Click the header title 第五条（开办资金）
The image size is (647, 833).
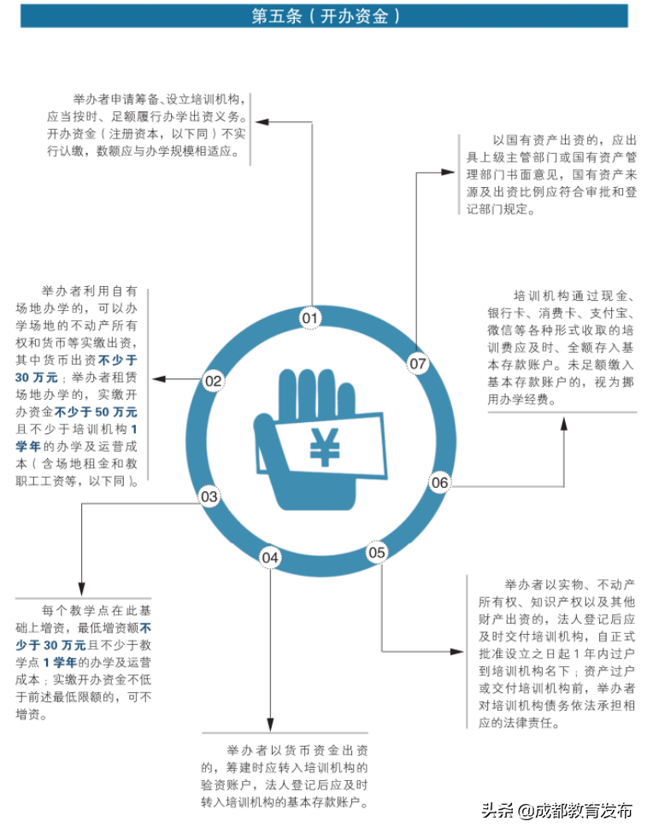click(x=324, y=16)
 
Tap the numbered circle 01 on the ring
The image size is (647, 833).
click(x=309, y=320)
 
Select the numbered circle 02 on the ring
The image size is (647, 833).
click(x=214, y=381)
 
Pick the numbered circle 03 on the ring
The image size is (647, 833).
click(x=209, y=496)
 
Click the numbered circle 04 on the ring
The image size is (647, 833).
click(x=271, y=558)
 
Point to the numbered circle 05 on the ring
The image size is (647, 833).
click(x=377, y=552)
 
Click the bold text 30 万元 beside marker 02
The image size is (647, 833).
click(x=37, y=377)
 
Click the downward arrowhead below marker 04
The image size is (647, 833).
click(x=271, y=725)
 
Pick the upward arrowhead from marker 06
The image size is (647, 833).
click(x=563, y=418)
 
